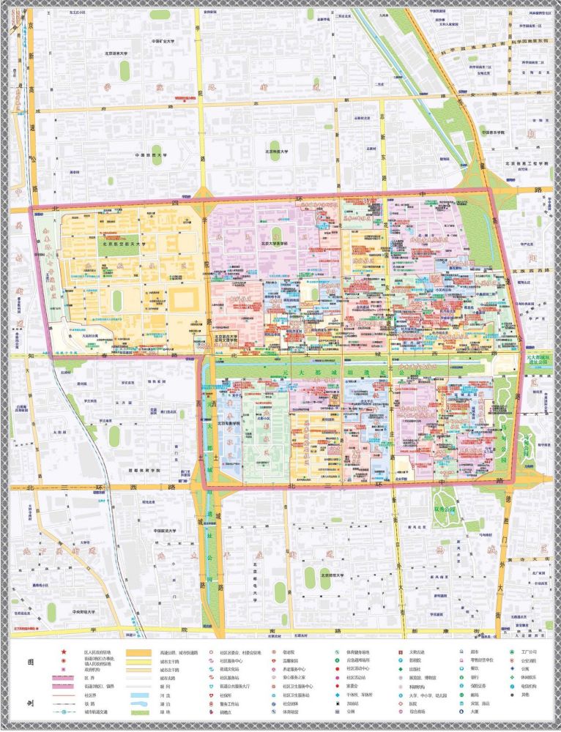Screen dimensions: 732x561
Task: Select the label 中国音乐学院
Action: click(x=494, y=132)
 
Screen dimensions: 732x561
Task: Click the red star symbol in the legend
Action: click(x=64, y=652)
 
